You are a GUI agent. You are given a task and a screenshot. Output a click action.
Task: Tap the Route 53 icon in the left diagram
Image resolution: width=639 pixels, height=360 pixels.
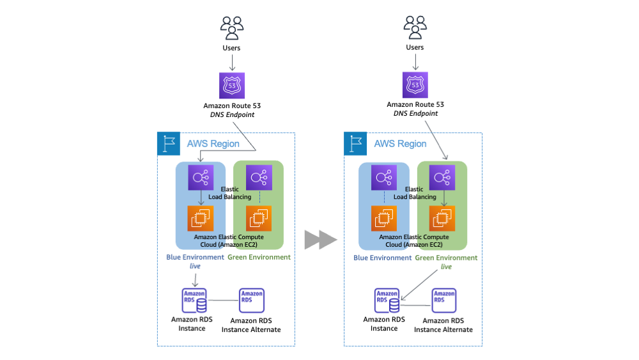(232, 86)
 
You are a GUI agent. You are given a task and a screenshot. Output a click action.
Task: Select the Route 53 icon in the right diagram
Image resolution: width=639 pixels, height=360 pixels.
(415, 85)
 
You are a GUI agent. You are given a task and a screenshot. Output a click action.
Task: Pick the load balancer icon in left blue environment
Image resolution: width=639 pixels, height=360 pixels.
(201, 177)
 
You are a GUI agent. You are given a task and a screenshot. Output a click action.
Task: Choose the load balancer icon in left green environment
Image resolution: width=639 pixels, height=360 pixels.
(259, 177)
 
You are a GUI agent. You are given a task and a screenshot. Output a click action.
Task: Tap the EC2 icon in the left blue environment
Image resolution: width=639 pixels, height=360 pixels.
(201, 218)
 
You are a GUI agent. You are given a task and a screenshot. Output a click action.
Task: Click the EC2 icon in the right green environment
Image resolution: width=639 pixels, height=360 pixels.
(443, 218)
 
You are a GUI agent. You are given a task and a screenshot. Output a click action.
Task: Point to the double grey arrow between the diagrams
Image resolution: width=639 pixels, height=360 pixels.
(320, 239)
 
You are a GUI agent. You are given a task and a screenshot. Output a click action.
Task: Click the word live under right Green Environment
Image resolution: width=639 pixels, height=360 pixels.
(446, 267)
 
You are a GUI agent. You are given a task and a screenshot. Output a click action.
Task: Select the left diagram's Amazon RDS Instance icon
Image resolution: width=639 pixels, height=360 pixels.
(194, 301)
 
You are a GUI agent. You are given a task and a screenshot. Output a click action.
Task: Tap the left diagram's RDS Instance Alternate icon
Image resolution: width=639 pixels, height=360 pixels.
(251, 301)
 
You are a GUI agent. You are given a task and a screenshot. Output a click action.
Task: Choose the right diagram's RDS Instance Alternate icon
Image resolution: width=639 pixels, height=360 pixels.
(444, 301)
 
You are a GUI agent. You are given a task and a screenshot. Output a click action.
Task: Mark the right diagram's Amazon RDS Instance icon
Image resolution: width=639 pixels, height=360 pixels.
(387, 301)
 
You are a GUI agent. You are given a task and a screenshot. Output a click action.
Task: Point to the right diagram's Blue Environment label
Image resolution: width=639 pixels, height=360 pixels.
(383, 258)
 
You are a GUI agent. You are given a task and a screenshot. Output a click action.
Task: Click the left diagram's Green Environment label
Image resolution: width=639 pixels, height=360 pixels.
(259, 257)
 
